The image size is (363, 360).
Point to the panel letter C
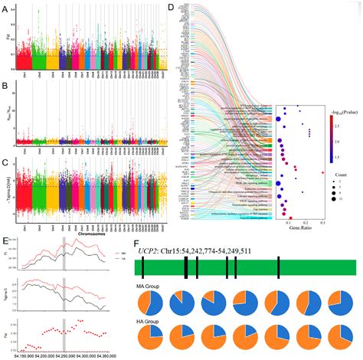coord(5,162)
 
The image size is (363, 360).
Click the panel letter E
coord(5,240)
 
